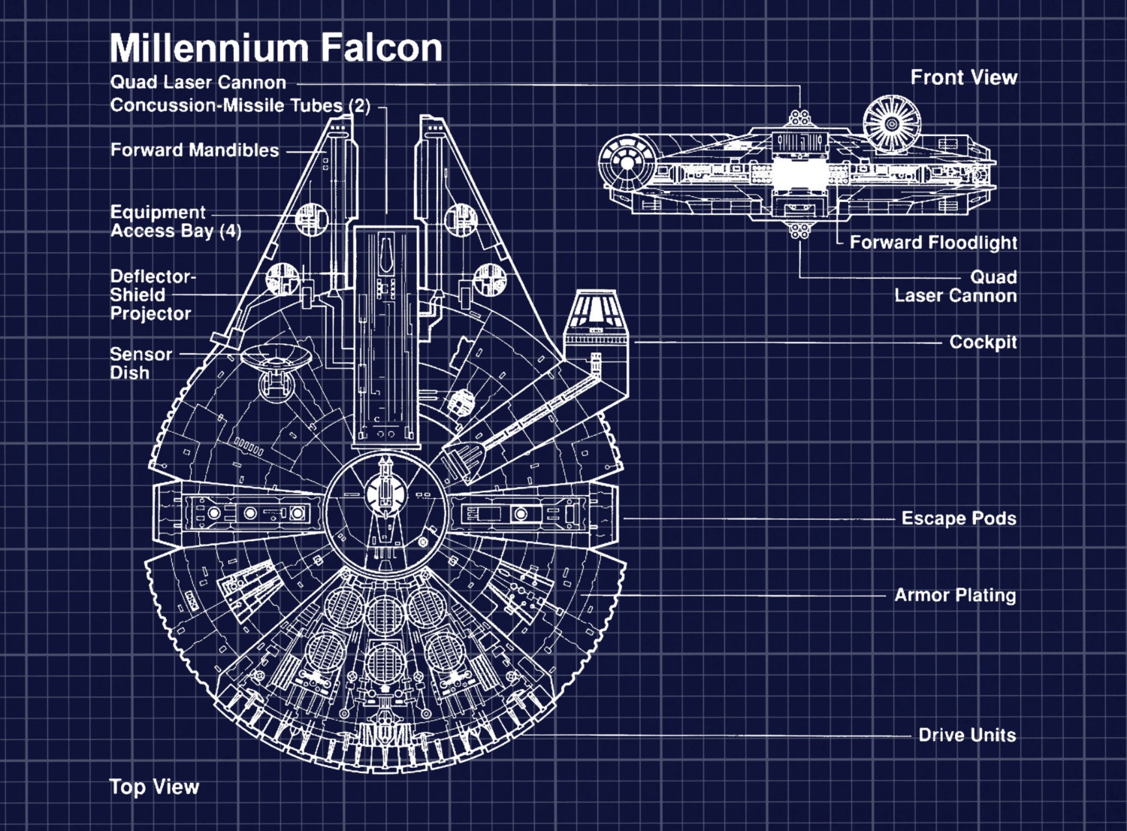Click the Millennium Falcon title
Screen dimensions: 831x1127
pyautogui.click(x=276, y=48)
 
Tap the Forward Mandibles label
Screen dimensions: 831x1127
pyautogui.click(x=195, y=150)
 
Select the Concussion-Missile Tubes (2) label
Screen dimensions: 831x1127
pyautogui.click(x=240, y=105)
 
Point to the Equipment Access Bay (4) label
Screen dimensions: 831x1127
pyautogui.click(x=175, y=222)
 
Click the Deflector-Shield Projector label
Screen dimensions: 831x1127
pyautogui.click(x=152, y=295)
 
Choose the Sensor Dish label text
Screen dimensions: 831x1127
pyautogui.click(x=140, y=364)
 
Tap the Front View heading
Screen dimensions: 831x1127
pyautogui.click(x=963, y=77)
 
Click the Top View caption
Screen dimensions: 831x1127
pyautogui.click(x=154, y=787)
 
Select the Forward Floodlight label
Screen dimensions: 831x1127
pyautogui.click(x=933, y=243)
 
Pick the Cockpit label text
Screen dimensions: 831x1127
pyautogui.click(x=983, y=343)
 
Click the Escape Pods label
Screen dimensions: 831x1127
pyautogui.click(x=959, y=518)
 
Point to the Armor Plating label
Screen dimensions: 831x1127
pyautogui.click(x=955, y=596)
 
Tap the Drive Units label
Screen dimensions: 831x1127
pyautogui.click(x=967, y=735)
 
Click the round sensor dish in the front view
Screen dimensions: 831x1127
pyautogui.click(x=891, y=124)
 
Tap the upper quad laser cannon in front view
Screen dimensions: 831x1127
pyautogui.click(x=799, y=118)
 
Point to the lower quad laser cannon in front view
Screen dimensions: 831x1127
pyautogui.click(x=799, y=229)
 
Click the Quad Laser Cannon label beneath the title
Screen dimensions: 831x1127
pyautogui.click(x=198, y=83)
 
